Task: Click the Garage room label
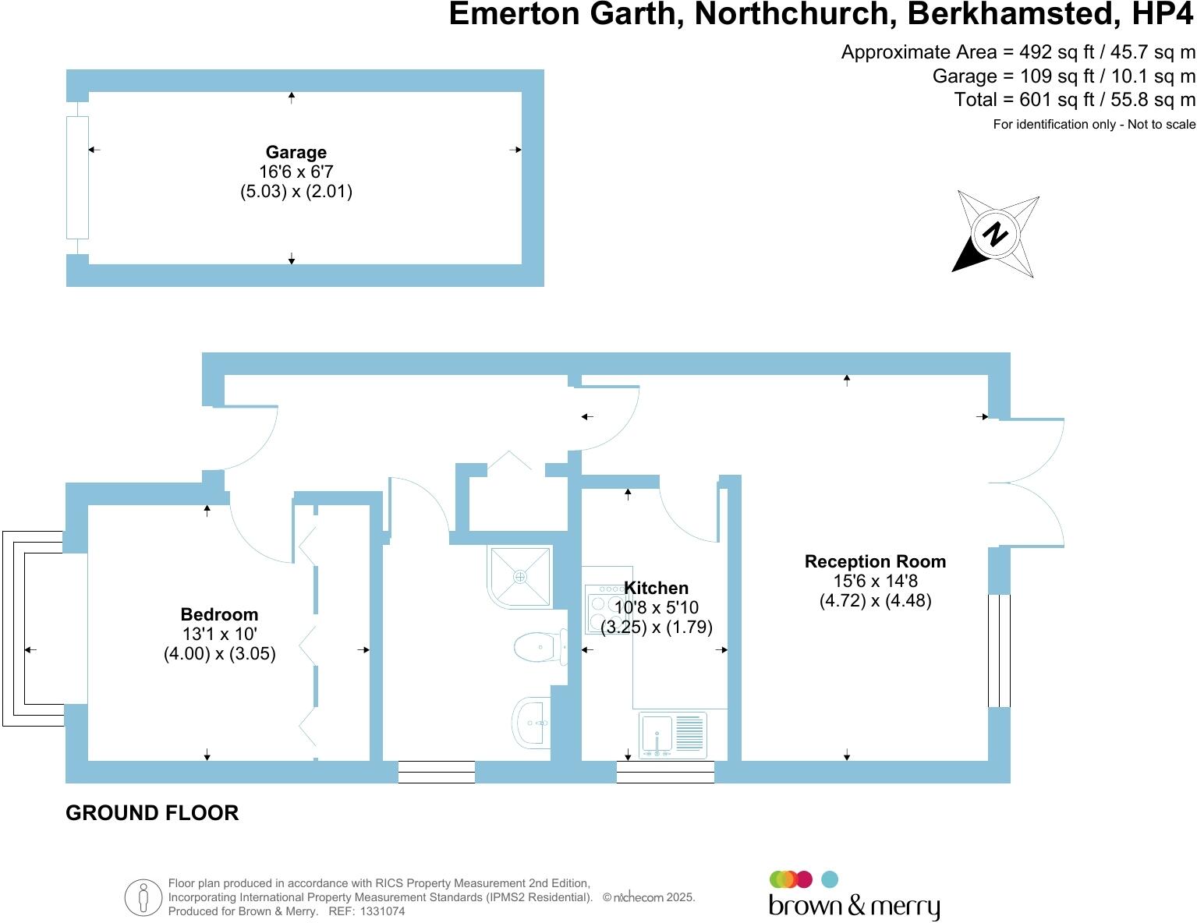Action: click(296, 152)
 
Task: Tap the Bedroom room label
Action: click(219, 614)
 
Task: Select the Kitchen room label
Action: click(656, 588)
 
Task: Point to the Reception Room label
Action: click(875, 561)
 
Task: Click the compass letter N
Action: click(995, 234)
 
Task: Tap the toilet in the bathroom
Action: click(540, 647)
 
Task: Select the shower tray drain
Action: click(520, 577)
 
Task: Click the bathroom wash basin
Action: click(532, 723)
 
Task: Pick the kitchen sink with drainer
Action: click(673, 734)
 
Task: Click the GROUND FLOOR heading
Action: click(152, 813)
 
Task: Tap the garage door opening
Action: click(78, 177)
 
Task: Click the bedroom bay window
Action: click(33, 628)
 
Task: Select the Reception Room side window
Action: click(999, 650)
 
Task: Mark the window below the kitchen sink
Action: click(665, 772)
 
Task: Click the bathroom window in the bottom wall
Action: click(436, 772)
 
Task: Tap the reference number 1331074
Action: click(382, 911)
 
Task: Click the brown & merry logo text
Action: click(854, 906)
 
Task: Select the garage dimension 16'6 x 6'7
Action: click(296, 172)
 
